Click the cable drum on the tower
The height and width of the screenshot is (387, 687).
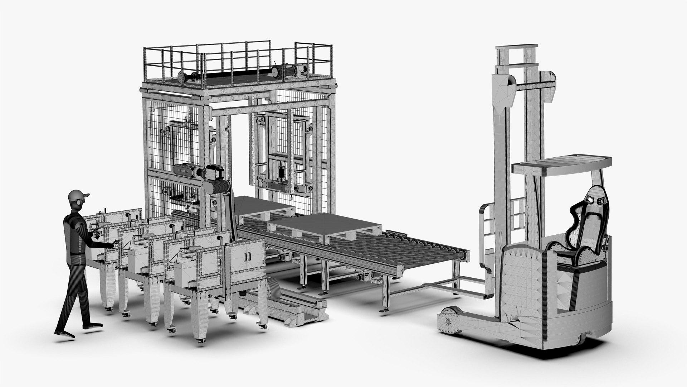pos(218,186)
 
